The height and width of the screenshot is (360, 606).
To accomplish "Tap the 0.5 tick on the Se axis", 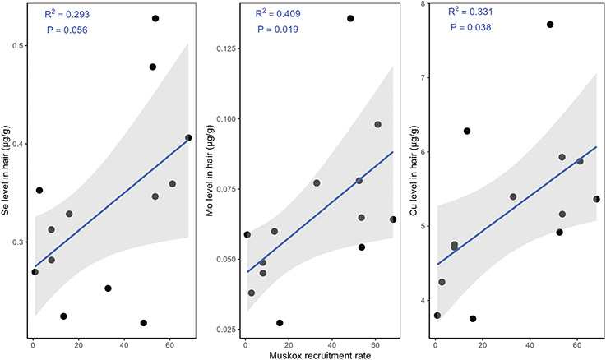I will click(x=17, y=46).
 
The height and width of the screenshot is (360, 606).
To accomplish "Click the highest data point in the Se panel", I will click(x=155, y=18).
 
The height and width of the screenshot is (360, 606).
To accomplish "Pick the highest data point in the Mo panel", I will click(x=350, y=18).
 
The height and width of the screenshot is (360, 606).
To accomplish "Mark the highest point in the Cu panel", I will click(x=550, y=25).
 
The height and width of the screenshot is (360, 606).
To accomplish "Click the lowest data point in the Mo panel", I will click(x=280, y=323).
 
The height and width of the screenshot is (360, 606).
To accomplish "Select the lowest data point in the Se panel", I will click(x=144, y=323).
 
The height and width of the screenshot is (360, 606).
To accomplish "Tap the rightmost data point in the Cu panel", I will click(x=597, y=199).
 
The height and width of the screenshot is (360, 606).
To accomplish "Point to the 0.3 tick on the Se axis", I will click(x=17, y=242).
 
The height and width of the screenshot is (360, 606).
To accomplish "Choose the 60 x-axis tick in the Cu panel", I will click(x=579, y=342).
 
